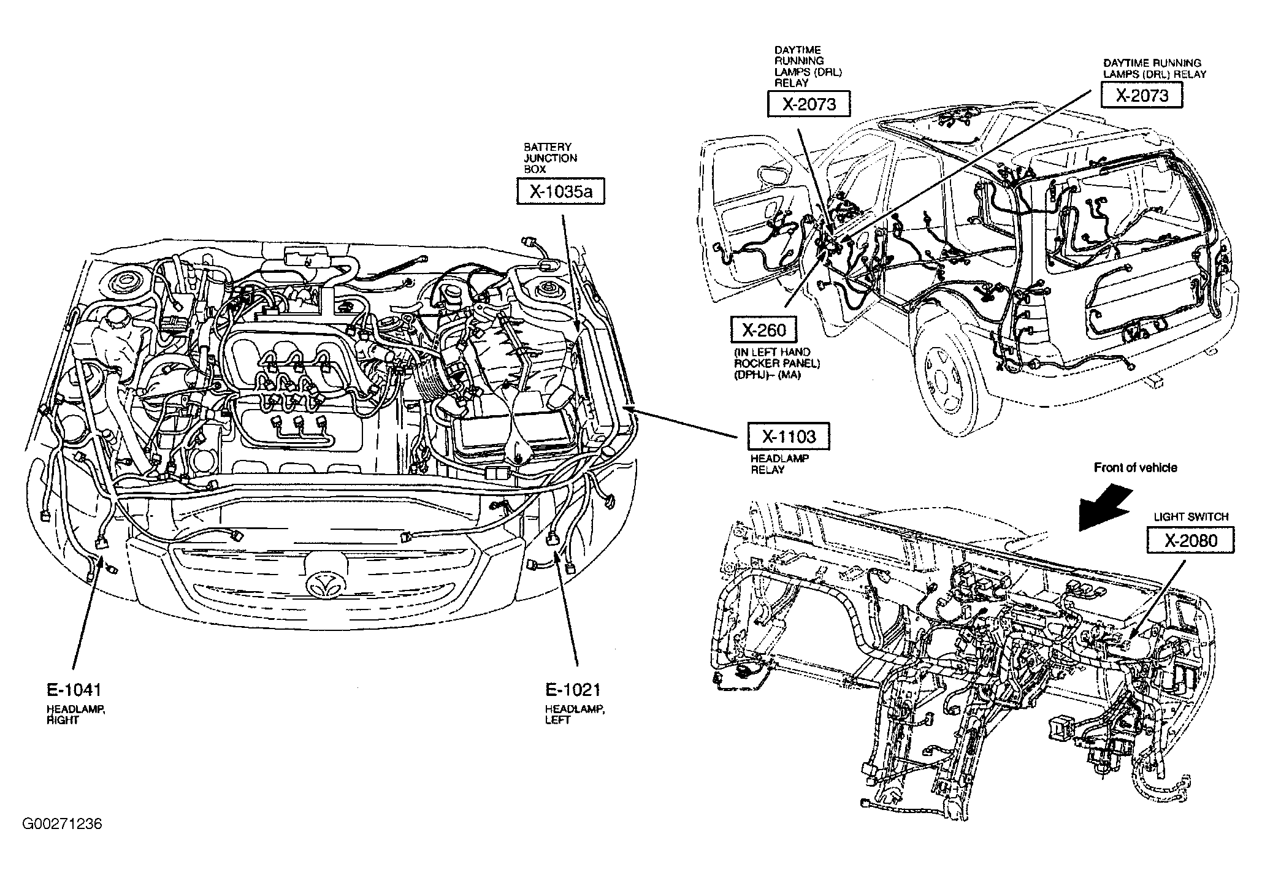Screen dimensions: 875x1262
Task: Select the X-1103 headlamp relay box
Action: click(789, 437)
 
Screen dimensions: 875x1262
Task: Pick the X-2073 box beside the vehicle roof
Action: click(809, 104)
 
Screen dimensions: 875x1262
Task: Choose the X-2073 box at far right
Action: click(1141, 96)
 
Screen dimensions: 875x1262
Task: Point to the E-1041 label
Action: click(73, 690)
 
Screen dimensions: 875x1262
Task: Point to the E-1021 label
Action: click(573, 690)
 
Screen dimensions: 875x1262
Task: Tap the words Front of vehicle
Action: click(1136, 468)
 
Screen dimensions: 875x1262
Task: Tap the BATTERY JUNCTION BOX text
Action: click(550, 158)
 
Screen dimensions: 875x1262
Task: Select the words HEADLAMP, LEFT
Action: click(575, 715)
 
